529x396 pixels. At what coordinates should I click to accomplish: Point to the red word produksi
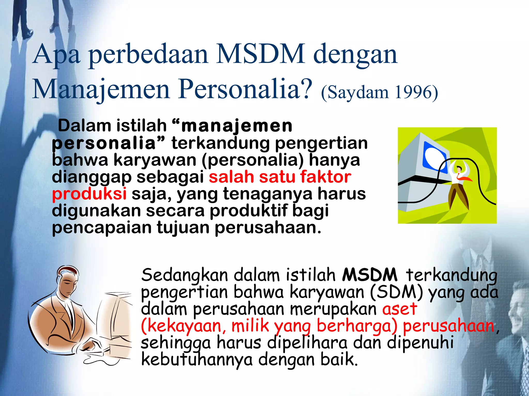click(x=89, y=194)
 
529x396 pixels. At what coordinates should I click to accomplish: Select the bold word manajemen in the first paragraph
click(x=237, y=126)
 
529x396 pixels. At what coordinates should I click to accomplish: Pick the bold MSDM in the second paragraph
click(x=370, y=275)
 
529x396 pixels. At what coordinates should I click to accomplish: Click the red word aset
click(x=400, y=309)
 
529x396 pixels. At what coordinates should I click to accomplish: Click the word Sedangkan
click(x=184, y=275)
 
